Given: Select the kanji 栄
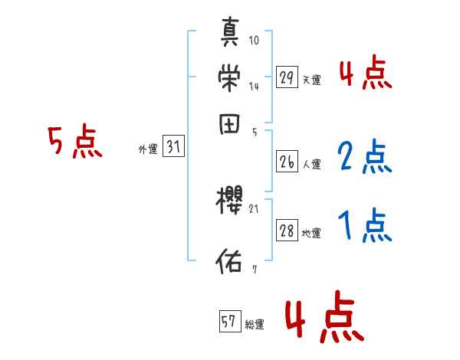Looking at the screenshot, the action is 231,79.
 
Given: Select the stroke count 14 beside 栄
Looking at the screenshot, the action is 254,87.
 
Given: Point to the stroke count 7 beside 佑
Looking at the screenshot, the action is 254,270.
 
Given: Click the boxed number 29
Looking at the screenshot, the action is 287,77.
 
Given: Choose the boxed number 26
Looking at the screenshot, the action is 287,162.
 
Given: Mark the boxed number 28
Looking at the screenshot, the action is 287,231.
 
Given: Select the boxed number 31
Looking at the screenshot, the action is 173,148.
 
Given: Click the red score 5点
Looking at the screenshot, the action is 74,142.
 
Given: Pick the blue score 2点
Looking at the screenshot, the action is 365,157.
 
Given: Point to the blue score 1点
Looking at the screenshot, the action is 365,226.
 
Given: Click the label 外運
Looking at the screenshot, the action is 147,150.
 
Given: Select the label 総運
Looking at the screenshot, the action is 254,325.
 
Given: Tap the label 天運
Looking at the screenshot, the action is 311,80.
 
